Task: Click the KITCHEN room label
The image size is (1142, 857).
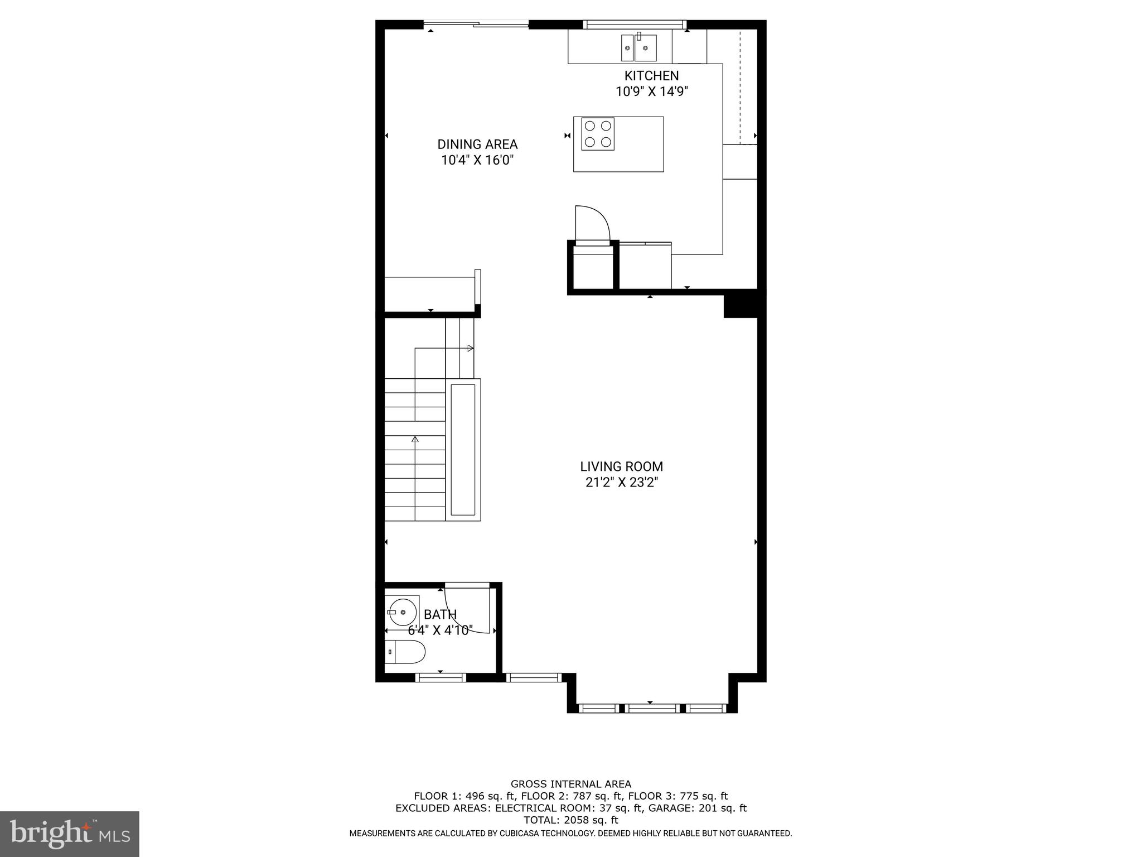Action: (x=651, y=76)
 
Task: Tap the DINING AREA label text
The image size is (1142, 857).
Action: (x=477, y=145)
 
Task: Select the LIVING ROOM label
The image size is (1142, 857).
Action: (x=621, y=466)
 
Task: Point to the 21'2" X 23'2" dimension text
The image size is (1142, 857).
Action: (x=621, y=482)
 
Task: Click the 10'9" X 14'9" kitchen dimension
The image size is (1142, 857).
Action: (x=651, y=92)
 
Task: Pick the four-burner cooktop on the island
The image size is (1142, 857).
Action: (x=598, y=134)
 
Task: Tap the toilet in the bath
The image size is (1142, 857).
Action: (x=405, y=652)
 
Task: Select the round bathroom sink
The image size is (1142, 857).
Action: (x=403, y=612)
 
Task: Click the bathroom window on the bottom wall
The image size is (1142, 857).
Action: (x=441, y=678)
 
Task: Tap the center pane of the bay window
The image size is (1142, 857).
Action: (x=652, y=709)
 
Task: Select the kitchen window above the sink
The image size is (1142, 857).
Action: (x=635, y=24)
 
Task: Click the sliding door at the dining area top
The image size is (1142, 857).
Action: (x=476, y=24)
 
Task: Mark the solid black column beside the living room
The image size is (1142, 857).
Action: (x=740, y=306)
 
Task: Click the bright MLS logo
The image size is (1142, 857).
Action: (x=69, y=834)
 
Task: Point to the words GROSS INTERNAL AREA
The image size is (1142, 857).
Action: (x=570, y=784)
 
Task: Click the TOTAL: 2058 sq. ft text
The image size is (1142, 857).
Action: (x=570, y=820)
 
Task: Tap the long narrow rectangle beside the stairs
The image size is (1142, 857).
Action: (x=463, y=449)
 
